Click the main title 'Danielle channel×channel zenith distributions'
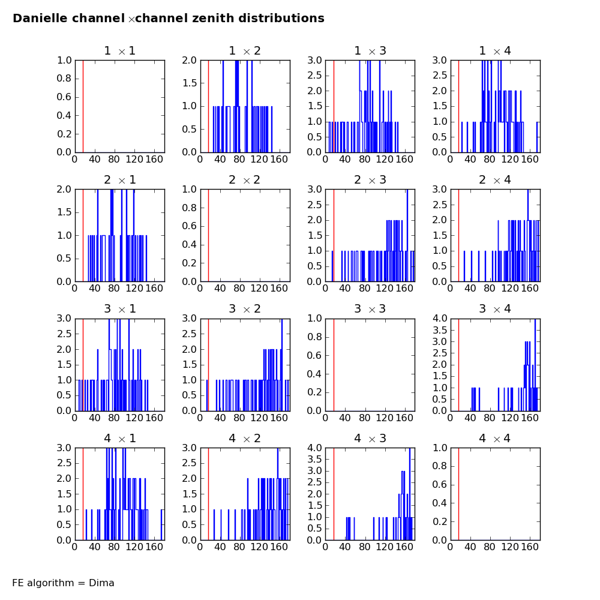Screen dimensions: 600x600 (x=169, y=19)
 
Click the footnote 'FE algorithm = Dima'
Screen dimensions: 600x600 (x=63, y=583)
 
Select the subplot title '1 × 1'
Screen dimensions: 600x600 (x=119, y=51)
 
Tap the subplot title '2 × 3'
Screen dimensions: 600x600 (x=370, y=180)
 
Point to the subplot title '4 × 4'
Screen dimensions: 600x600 (x=494, y=439)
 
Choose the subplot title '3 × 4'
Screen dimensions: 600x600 (x=494, y=309)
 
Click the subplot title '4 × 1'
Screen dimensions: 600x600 (x=119, y=439)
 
